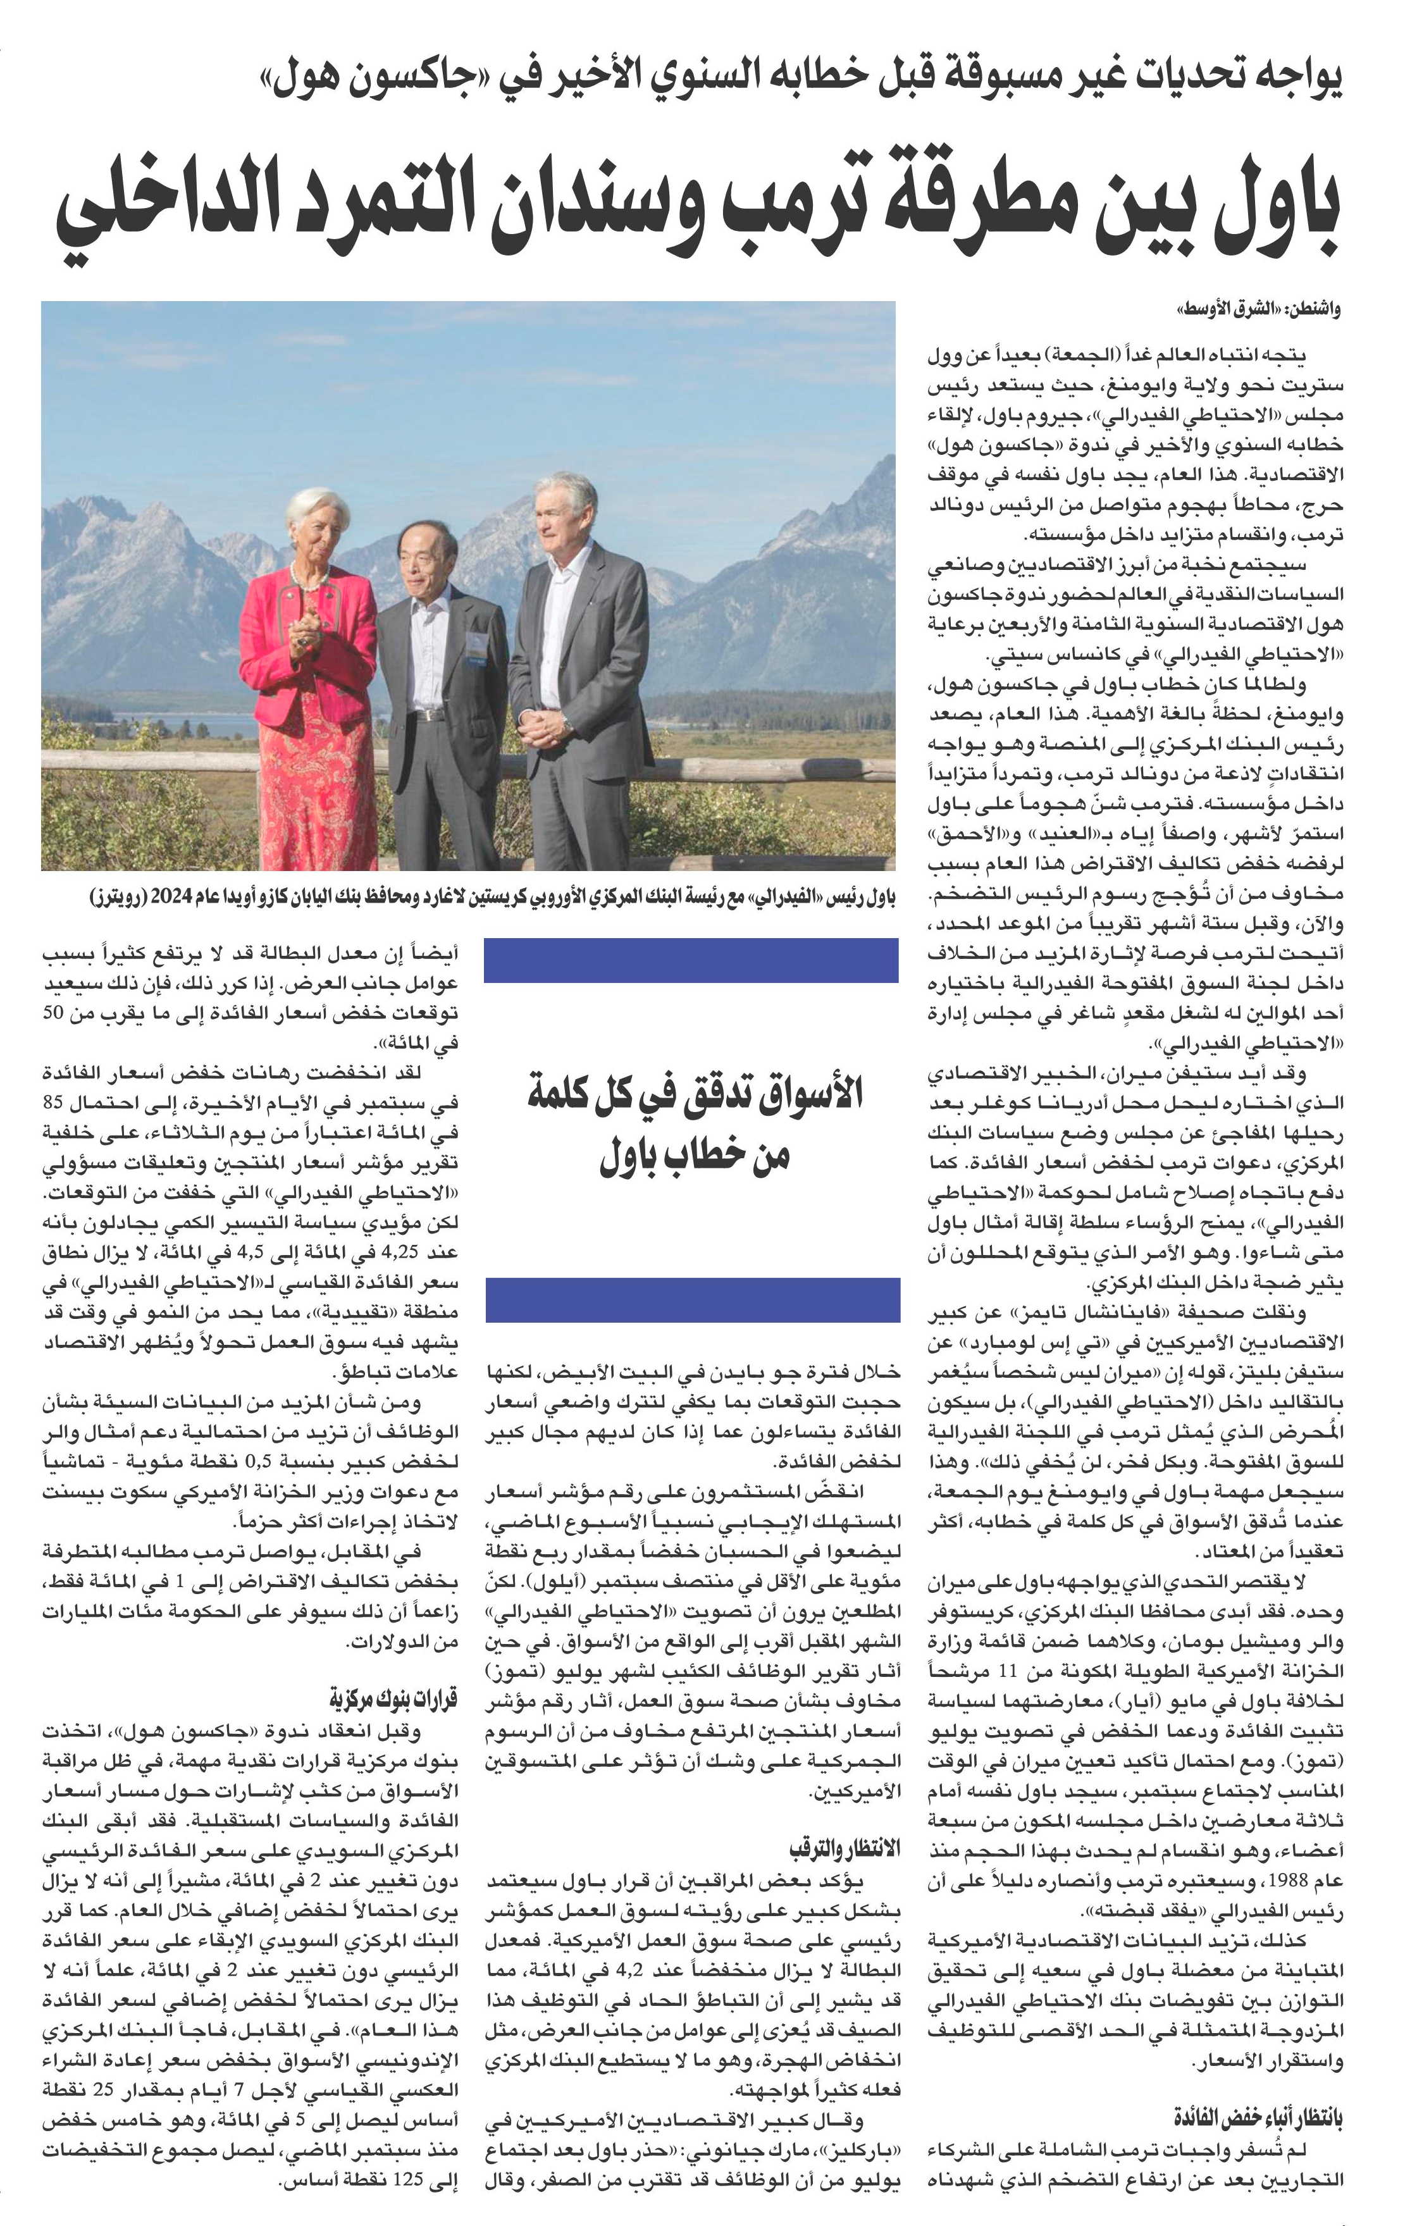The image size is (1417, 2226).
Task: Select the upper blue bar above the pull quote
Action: point(691,960)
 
